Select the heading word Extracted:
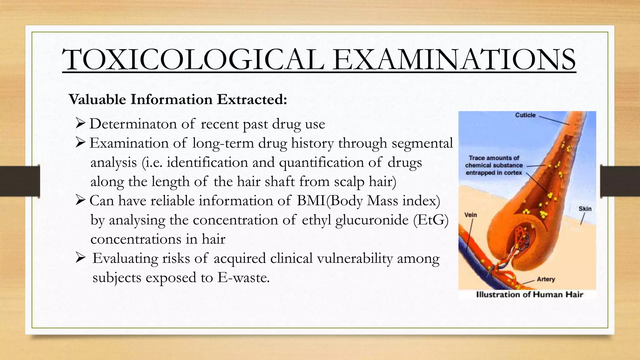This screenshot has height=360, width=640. (x=252, y=99)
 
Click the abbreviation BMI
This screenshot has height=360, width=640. (x=311, y=201)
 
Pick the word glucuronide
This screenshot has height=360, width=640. (x=372, y=220)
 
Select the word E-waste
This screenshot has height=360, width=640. (x=243, y=277)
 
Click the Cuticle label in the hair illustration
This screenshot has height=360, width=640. (x=525, y=115)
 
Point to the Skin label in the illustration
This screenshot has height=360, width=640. (x=585, y=209)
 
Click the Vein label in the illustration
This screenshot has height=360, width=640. (x=471, y=215)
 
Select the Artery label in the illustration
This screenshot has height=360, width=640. (x=546, y=279)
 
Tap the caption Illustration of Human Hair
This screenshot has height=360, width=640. (x=529, y=294)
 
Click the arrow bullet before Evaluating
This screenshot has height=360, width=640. (x=81, y=258)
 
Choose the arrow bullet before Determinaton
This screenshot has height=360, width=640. (x=81, y=124)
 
